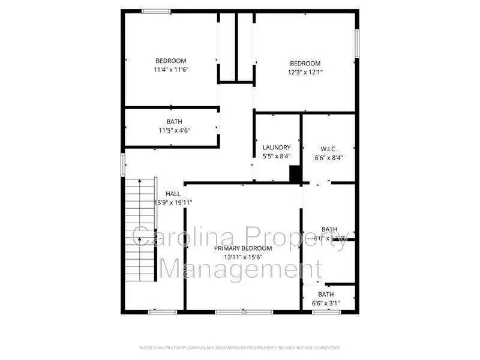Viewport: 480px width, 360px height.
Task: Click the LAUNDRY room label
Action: point(277,148)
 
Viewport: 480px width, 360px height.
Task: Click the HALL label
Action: point(173,194)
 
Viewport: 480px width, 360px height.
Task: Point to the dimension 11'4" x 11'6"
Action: point(171,70)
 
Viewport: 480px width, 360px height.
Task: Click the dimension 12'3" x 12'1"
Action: point(305,73)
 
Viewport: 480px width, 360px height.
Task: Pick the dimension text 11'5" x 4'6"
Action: point(175,130)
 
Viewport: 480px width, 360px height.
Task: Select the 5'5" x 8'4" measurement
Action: point(277,157)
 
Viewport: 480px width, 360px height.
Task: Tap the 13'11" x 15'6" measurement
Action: point(243,257)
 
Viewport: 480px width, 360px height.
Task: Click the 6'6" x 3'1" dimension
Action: point(326,303)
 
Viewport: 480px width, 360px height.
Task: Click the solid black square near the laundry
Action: point(295,173)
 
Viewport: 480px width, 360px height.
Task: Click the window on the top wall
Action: point(156,11)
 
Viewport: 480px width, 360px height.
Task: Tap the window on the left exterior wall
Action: point(123,164)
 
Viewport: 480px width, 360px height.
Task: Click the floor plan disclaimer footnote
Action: point(240,347)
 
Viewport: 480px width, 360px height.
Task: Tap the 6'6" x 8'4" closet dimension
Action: point(328,158)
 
